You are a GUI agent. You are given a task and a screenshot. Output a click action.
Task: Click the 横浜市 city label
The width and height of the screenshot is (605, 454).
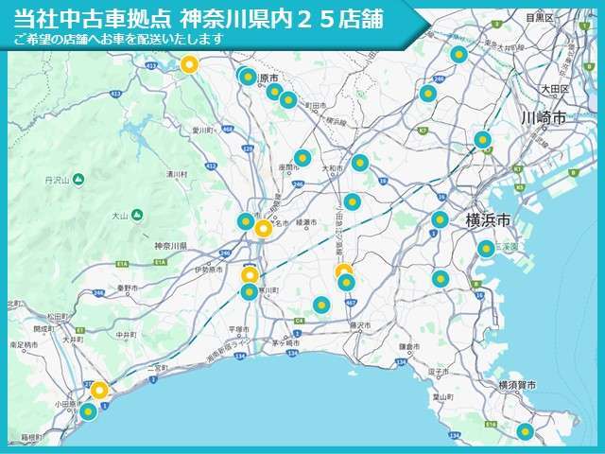tap(488, 219)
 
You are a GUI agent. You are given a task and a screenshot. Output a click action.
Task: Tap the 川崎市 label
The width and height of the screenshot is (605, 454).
tap(544, 117)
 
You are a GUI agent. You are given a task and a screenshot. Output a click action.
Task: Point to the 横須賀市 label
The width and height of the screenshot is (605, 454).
tap(516, 385)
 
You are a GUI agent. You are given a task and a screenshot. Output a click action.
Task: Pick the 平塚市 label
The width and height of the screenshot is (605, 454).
tap(238, 329)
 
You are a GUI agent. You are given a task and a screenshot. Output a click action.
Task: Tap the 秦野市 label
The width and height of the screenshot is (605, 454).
tap(128, 287)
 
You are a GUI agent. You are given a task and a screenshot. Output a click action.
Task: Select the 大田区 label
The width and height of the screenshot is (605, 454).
tap(554, 88)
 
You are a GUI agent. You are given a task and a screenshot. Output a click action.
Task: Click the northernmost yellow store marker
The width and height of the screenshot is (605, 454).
tap(189, 65)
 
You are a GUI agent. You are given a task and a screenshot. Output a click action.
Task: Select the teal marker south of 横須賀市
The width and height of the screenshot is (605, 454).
tap(525, 431)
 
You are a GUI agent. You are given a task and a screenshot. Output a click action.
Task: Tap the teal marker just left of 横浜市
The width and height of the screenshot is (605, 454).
tap(440, 220)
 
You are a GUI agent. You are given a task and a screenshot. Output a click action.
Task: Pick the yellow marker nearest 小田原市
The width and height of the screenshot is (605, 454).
tap(98, 391)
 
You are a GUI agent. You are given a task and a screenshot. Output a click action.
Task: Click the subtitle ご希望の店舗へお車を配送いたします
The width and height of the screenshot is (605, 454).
tap(118, 39)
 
